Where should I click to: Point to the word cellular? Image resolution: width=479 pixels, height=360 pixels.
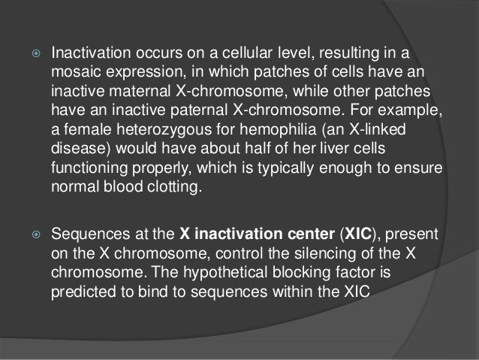click(x=224, y=56)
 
